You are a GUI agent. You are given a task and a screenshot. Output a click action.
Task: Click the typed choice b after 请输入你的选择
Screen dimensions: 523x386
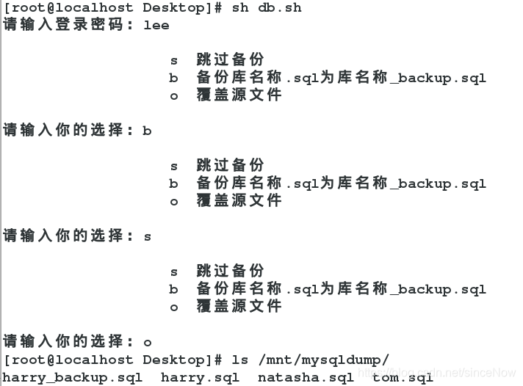147,131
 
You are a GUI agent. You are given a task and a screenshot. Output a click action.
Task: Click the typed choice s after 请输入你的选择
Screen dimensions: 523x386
147,236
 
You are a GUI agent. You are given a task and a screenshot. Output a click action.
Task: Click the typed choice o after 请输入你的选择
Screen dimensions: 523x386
147,342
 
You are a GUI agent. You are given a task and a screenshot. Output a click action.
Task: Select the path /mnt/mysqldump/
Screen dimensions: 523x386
324,360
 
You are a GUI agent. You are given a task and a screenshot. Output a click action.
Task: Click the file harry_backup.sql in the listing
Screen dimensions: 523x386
73,377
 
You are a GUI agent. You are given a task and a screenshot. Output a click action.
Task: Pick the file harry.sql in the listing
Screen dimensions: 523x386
200,377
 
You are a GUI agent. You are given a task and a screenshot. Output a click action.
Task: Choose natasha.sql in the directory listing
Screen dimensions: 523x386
306,377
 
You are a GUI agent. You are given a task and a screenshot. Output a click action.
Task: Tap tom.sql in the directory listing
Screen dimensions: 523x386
403,377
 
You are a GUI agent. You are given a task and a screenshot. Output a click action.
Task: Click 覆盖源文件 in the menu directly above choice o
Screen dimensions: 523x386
239,307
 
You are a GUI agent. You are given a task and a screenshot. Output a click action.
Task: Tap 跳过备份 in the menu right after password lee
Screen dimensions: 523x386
230,60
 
